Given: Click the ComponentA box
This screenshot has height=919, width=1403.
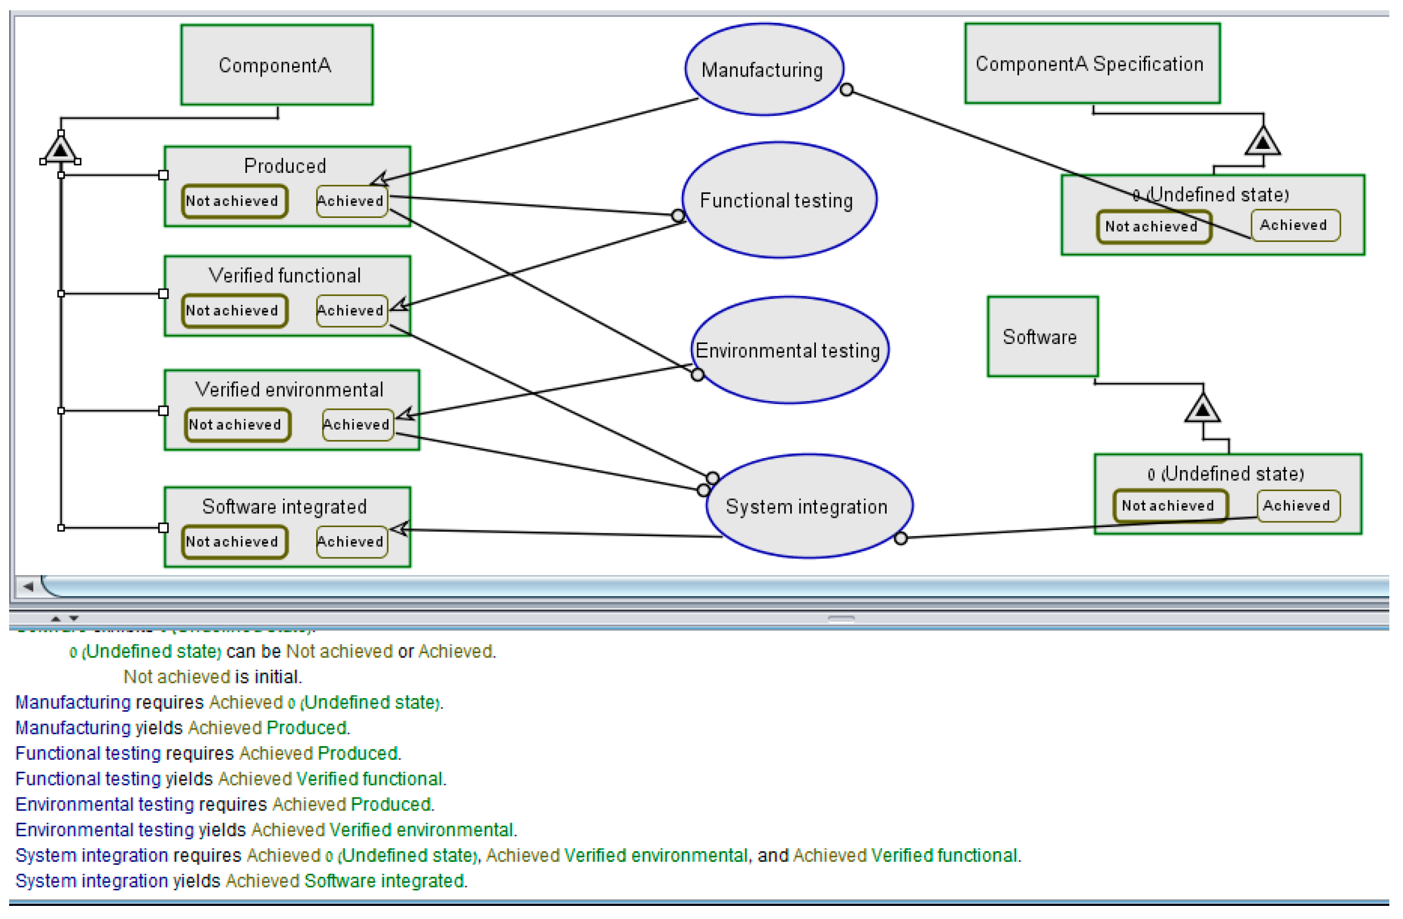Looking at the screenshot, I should pos(277,65).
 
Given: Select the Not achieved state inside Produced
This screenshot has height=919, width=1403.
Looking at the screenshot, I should pos(234,201).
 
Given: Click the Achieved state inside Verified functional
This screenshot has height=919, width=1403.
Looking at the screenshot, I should pos(352,311).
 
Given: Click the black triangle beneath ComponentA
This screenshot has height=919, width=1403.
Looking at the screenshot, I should pos(60,149).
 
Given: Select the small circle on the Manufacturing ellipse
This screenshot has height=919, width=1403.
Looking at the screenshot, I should pos(847,90).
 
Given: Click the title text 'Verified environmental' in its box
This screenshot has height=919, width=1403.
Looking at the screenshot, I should pos(289,390).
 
